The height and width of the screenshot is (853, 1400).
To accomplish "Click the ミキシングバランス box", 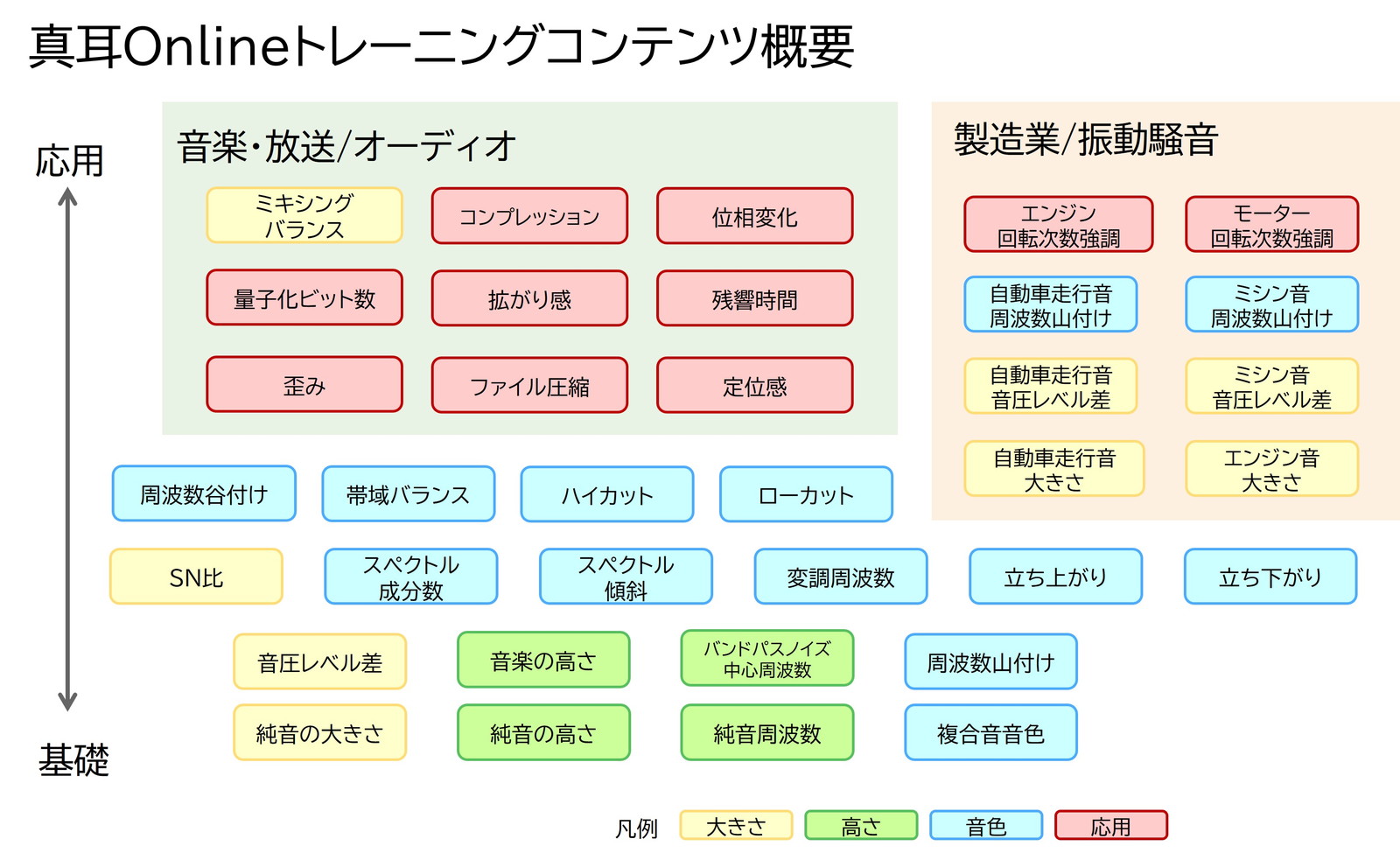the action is (304, 215).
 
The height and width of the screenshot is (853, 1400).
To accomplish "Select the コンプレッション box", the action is (529, 215).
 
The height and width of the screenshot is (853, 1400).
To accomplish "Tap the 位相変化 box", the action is (754, 215).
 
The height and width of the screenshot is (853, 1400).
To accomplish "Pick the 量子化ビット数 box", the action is (304, 297).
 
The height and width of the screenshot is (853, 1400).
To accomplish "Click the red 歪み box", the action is (304, 384).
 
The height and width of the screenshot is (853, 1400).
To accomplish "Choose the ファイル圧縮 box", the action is (529, 385).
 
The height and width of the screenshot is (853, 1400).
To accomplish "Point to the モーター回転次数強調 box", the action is (1272, 224).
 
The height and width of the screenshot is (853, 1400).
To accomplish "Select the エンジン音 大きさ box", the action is (1272, 469).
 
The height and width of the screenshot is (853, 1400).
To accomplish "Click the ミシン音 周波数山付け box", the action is (1272, 304).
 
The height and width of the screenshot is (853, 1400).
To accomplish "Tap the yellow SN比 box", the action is (196, 577).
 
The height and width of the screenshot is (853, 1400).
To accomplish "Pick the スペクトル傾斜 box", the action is (626, 577).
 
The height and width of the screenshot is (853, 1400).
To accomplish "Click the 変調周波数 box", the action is (841, 577).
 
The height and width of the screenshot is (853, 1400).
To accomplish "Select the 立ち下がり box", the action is (1270, 577).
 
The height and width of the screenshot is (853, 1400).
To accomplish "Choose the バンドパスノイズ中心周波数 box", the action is (766, 658).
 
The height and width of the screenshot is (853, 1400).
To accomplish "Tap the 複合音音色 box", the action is (990, 732).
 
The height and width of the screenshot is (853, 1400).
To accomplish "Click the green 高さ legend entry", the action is (861, 825).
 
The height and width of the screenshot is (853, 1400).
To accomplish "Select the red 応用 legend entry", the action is (1111, 825).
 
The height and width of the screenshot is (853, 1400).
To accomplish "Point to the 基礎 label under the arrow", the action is (73, 760).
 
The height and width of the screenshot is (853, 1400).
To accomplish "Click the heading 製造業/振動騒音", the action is (1086, 139).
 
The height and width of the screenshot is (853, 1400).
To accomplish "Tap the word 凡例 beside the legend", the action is (636, 829).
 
